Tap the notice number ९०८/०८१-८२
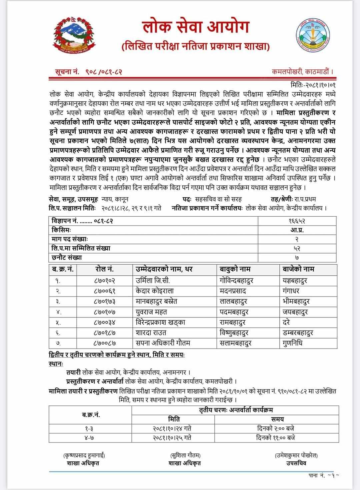[x=100, y=71]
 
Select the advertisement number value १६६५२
[x=297, y=221]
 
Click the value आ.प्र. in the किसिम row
[x=297, y=230]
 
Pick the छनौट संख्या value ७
[x=297, y=257]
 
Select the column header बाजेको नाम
[x=298, y=269]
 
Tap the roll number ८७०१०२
[x=105, y=281]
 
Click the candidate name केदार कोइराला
[x=155, y=291]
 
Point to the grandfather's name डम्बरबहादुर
[x=298, y=333]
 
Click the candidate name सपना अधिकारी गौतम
[x=163, y=343]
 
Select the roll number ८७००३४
[x=105, y=322]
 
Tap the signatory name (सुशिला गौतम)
[x=185, y=455]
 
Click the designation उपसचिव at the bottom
[x=296, y=463]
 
